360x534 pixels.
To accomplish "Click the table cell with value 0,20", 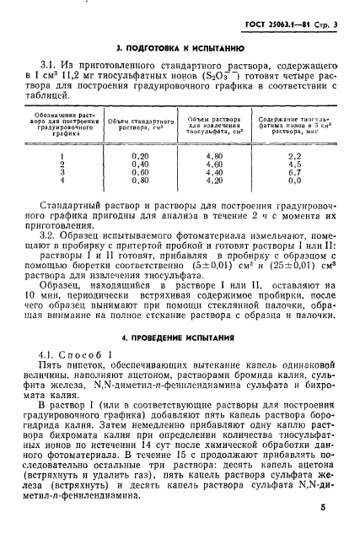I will [140, 155].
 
